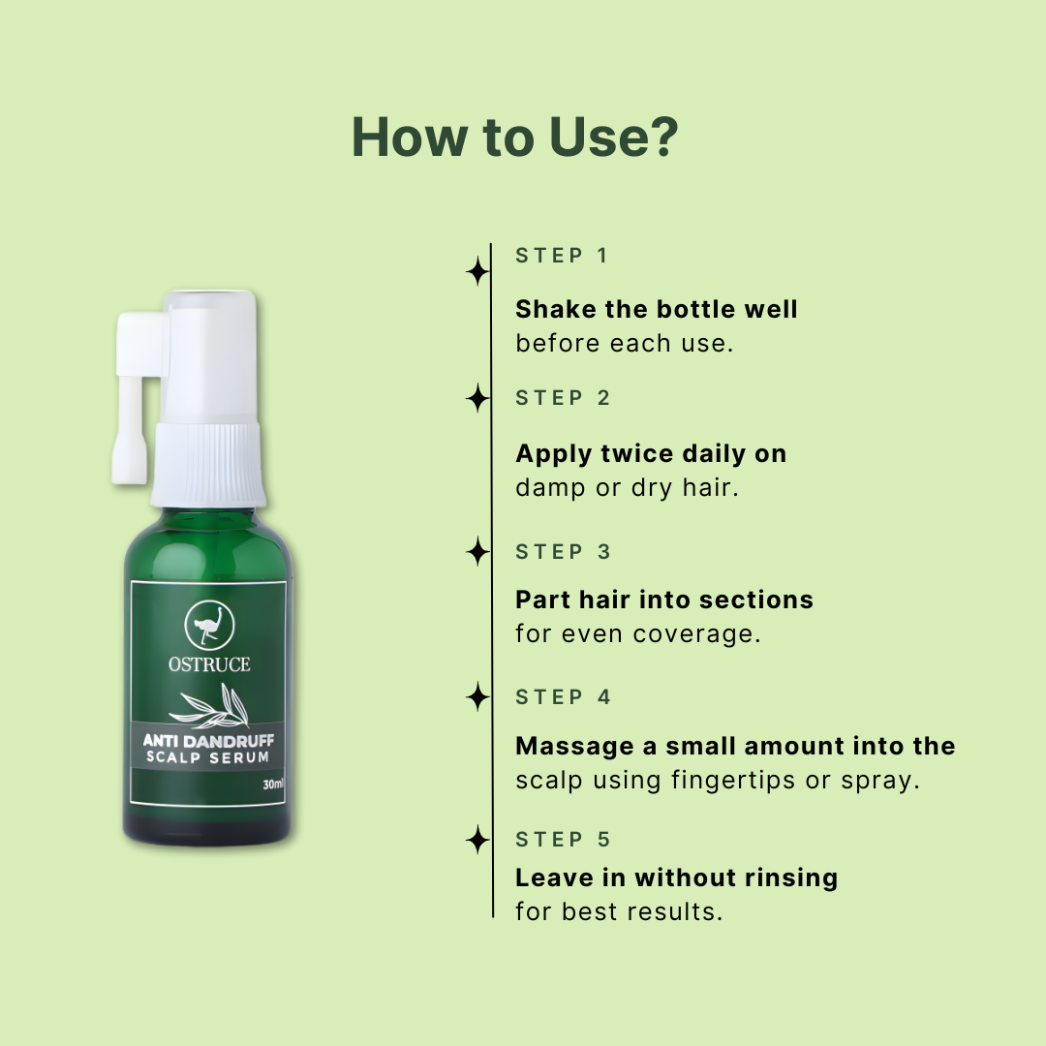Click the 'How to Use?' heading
click(x=514, y=138)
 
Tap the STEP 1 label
click(x=562, y=256)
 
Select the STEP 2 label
click(x=563, y=398)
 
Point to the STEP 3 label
click(x=563, y=552)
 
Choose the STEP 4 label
click(x=563, y=697)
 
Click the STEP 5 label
click(x=563, y=840)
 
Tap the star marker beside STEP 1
click(x=477, y=271)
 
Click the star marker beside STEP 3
click(x=477, y=552)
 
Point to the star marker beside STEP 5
click(x=477, y=839)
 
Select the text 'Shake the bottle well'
click(x=657, y=310)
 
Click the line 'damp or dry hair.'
click(x=627, y=488)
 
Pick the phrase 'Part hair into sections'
click(x=664, y=600)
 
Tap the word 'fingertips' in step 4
click(x=733, y=781)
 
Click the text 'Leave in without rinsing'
click(x=676, y=877)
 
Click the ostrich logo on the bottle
click(x=209, y=625)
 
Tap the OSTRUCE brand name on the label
click(x=209, y=664)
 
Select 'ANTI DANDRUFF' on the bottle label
click(x=208, y=741)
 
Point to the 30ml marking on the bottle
click(x=273, y=784)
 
